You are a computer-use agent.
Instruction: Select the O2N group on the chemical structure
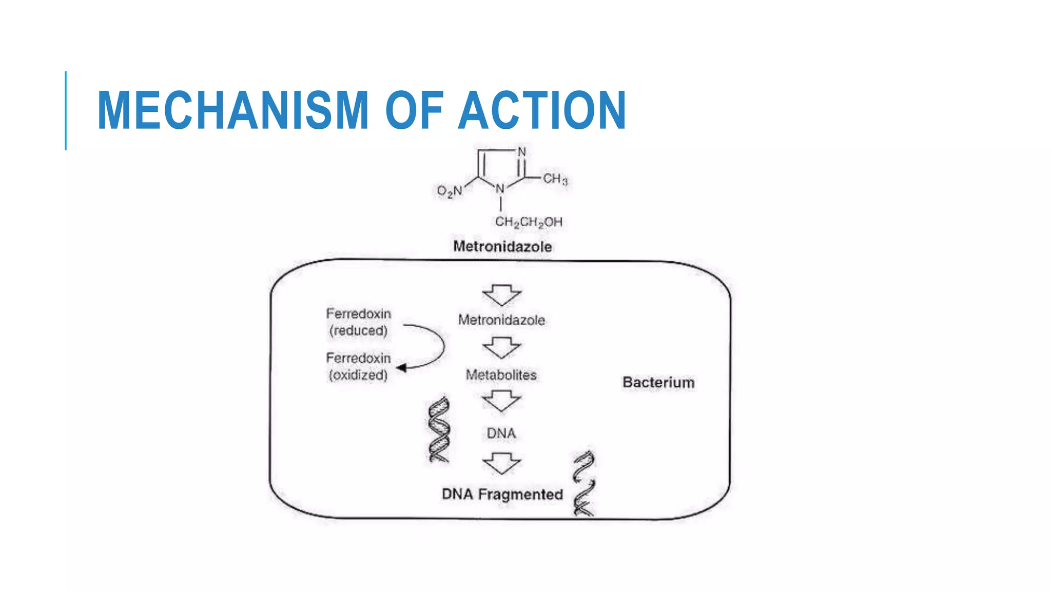pos(450,191)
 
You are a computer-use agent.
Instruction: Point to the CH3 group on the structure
pos(555,179)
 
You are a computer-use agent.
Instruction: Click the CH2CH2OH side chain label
pos(529,222)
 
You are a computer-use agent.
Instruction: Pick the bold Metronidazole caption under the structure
pos(502,247)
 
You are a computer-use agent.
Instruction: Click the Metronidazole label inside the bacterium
pos(501,320)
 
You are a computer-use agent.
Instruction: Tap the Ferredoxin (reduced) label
pos(358,322)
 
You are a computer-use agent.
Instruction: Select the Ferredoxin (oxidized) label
pos(358,366)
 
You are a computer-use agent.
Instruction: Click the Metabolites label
pos(501,375)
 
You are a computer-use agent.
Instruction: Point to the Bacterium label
pos(658,383)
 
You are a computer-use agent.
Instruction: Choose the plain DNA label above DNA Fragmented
pos(501,434)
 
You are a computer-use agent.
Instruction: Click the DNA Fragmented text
pos(502,495)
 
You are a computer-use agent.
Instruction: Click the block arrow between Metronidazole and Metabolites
pos(502,348)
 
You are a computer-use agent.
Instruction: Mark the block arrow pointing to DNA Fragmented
pos(502,463)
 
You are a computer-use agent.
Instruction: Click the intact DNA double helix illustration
pos(439,430)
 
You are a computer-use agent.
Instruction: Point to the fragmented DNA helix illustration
pos(584,483)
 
